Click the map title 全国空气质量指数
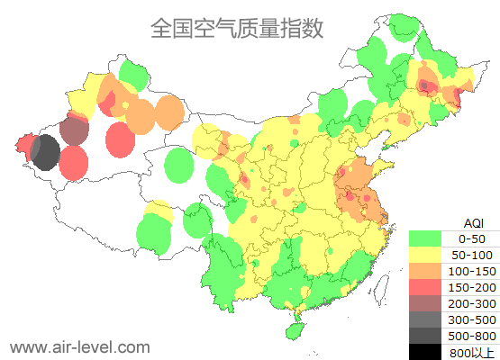point(236,28)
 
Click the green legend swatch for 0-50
point(428,238)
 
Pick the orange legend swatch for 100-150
point(428,271)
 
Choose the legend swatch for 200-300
point(428,303)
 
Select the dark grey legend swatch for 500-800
point(428,336)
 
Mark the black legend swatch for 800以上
point(428,352)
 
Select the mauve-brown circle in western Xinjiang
point(75,131)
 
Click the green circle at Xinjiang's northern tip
point(133,74)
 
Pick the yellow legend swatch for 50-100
point(428,255)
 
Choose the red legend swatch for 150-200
point(428,287)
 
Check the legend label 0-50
point(472,238)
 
